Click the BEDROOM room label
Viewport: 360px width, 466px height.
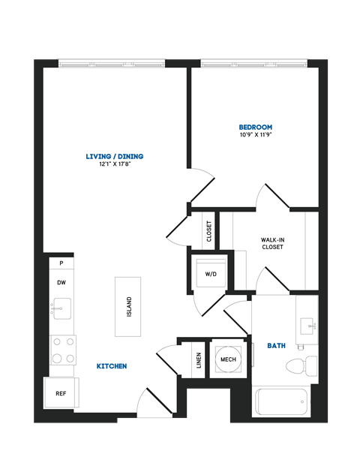click(x=255, y=127)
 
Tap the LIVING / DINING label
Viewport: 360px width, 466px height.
click(x=114, y=156)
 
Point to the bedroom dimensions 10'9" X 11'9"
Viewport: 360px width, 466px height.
click(x=255, y=136)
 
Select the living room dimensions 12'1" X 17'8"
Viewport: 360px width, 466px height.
click(x=114, y=165)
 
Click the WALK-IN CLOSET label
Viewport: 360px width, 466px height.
click(x=271, y=243)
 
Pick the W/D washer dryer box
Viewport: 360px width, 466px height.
click(x=211, y=273)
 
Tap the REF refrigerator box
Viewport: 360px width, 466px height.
click(x=61, y=392)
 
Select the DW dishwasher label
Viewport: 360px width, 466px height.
click(x=61, y=282)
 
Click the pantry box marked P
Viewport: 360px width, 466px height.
click(x=61, y=263)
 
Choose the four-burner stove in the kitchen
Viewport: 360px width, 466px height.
click(x=62, y=349)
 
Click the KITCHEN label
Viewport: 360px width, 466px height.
click(x=111, y=366)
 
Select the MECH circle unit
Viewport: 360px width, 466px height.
click(x=227, y=360)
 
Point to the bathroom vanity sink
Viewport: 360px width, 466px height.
click(x=307, y=325)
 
